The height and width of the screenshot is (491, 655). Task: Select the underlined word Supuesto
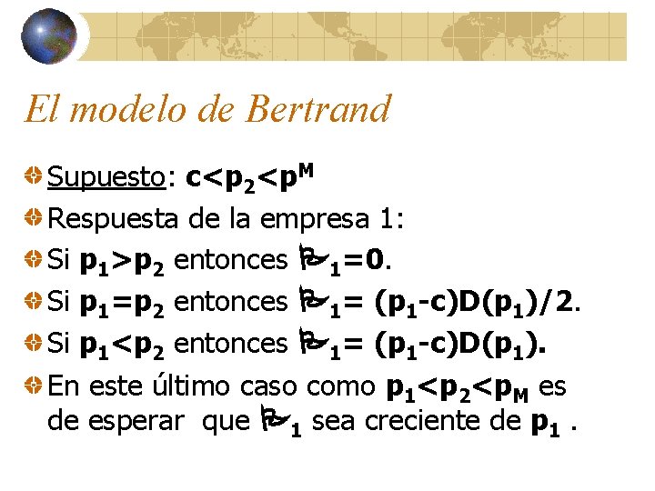(106, 178)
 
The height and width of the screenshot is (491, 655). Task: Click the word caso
(269, 386)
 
